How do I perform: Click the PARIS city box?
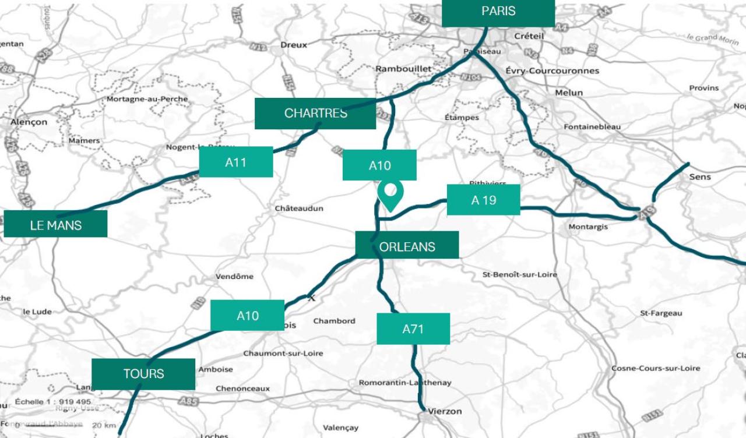pyautogui.click(x=498, y=12)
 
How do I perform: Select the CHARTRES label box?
pyautogui.click(x=315, y=114)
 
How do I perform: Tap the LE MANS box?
pyautogui.click(x=55, y=224)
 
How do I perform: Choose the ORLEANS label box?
pyautogui.click(x=407, y=245)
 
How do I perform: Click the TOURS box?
pyautogui.click(x=143, y=374)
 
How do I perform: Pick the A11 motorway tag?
pyautogui.click(x=236, y=162)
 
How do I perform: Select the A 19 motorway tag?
pyautogui.click(x=483, y=200)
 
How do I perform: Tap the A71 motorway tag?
pyautogui.click(x=413, y=329)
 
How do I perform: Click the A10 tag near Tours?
pyautogui.click(x=248, y=316)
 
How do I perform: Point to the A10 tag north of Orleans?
pyautogui.click(x=379, y=165)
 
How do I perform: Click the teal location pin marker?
pyautogui.click(x=390, y=194)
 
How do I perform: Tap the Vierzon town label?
pyautogui.click(x=445, y=411)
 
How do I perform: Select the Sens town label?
pyautogui.click(x=699, y=176)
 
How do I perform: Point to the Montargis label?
pyautogui.click(x=588, y=227)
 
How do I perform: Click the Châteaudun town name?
pyautogui.click(x=299, y=209)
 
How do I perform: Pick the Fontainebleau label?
pyautogui.click(x=592, y=127)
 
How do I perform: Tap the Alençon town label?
pyautogui.click(x=29, y=122)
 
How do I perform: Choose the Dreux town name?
pyautogui.click(x=294, y=45)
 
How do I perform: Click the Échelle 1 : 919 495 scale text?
pyautogui.click(x=53, y=402)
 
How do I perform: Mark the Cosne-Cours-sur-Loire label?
pyautogui.click(x=656, y=368)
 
